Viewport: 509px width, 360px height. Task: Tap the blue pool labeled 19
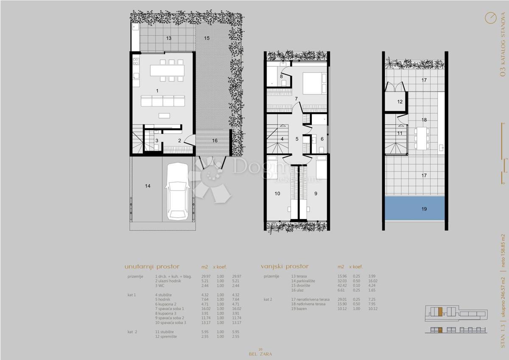pyautogui.click(x=414, y=208)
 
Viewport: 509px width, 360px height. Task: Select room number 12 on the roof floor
pyautogui.click(x=400, y=101)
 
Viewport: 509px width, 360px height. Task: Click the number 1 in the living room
pyautogui.click(x=157, y=91)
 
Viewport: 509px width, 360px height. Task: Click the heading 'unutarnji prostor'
pyautogui.click(x=152, y=267)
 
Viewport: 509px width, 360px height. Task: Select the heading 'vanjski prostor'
pyautogui.click(x=285, y=267)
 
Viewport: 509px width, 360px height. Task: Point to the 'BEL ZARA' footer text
pyautogui.click(x=260, y=353)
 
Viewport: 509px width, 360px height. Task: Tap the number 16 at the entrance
pyautogui.click(x=215, y=141)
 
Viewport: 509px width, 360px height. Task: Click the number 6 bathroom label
pyautogui.click(x=322, y=139)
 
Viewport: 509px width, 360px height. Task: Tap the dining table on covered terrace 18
pyautogui.click(x=421, y=138)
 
